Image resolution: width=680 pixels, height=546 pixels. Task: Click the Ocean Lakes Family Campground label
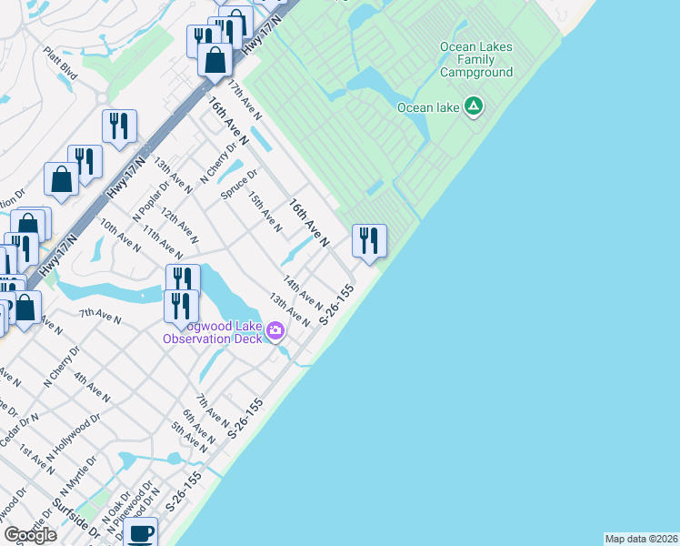[x=475, y=59]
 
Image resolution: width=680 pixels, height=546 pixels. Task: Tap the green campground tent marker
[x=473, y=107]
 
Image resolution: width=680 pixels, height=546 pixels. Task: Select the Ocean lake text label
[x=427, y=108]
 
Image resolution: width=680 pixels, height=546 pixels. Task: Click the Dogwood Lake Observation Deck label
[x=213, y=333]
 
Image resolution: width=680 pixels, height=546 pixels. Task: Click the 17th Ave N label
[x=245, y=100]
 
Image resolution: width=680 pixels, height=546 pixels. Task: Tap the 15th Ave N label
[x=265, y=211]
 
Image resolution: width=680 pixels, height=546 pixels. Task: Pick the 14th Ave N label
[x=303, y=292]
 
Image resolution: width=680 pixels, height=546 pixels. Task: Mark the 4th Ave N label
[x=92, y=387]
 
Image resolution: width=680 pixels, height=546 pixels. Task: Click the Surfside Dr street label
[x=74, y=518]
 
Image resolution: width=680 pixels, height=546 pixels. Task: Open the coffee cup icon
[x=140, y=533]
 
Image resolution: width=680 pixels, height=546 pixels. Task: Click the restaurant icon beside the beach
[x=369, y=240]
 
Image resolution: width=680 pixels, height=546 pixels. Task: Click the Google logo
[x=30, y=535]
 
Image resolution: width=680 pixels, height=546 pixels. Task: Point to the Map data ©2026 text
[x=641, y=539]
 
